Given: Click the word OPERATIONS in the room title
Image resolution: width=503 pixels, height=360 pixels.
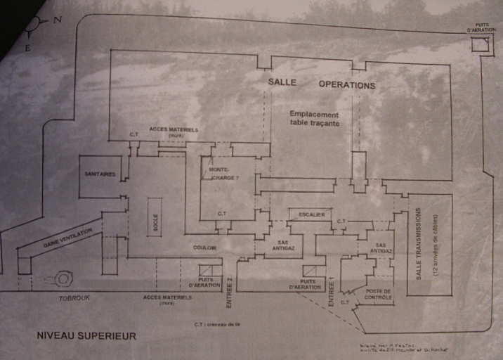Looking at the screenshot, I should tap(347, 85).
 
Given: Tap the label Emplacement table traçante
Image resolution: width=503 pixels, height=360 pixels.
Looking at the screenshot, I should tap(314, 119).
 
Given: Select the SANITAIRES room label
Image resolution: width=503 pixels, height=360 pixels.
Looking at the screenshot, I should tap(100, 174).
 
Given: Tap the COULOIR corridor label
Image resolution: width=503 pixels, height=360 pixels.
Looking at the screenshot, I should tap(205, 247).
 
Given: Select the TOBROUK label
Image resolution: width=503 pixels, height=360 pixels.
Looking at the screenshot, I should tap(74, 297).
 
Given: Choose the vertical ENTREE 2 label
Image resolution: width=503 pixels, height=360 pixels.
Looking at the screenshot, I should tap(230, 293).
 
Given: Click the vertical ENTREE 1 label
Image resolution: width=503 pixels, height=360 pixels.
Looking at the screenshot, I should tap(332, 292).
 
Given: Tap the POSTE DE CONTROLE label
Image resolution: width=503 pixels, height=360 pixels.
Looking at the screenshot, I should tap(378, 294).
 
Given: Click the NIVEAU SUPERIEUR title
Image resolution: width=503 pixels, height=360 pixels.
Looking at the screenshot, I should tap(86, 336).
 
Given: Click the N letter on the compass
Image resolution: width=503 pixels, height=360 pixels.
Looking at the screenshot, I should tap(58, 20).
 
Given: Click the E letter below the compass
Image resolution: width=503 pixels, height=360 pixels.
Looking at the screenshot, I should tap(28, 48).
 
